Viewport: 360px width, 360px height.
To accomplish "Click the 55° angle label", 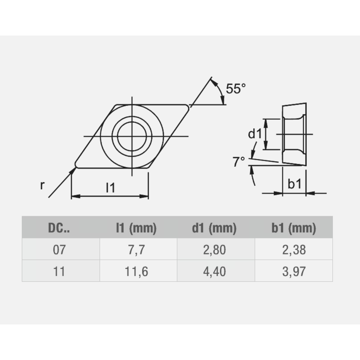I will (x=235, y=88).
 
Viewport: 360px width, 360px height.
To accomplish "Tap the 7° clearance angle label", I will (x=239, y=162).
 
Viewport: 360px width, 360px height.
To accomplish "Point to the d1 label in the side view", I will (x=255, y=134).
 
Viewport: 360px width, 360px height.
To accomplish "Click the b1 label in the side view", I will (x=294, y=184).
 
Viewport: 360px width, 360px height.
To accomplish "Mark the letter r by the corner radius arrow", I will (x=42, y=185).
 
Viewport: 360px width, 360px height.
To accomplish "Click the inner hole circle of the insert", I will (x=132, y=136).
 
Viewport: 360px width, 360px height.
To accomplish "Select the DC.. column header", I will (x=59, y=228).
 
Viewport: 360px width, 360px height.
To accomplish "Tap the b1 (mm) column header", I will (x=294, y=228).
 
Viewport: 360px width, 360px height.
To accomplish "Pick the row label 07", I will (x=59, y=249).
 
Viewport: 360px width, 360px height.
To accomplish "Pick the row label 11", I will (x=59, y=271).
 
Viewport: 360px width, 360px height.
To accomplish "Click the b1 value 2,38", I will (x=294, y=249).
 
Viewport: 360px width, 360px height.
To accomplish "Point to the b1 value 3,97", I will (x=294, y=271).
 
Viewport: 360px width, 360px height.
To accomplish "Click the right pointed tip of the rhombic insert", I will (x=188, y=106).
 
